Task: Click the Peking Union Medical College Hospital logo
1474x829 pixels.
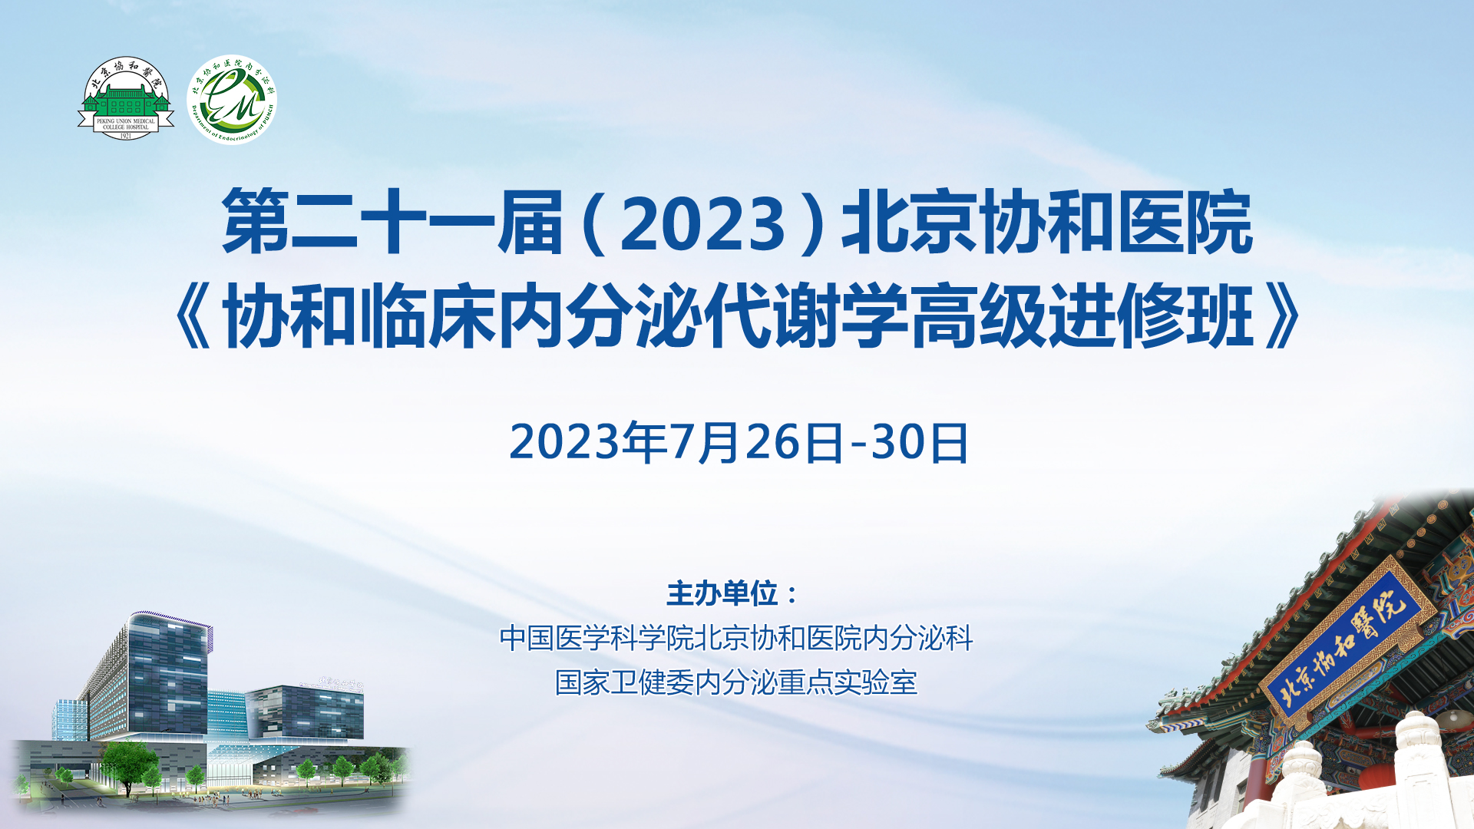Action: point(126,98)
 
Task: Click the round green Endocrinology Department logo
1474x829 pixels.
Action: point(232,99)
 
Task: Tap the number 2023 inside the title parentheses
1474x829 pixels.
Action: point(702,224)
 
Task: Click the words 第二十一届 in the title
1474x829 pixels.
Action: point(392,223)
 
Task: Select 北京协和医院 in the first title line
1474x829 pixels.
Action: point(1047,223)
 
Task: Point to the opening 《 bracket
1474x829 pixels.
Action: point(193,315)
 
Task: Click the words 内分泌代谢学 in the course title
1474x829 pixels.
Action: point(702,315)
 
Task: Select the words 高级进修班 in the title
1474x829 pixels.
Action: point(1082,315)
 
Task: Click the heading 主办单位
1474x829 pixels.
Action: point(722,593)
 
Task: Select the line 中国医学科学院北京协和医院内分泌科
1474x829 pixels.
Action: point(736,638)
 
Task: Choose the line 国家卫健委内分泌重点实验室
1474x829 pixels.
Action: point(736,682)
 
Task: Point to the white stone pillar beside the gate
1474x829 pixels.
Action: point(1420,771)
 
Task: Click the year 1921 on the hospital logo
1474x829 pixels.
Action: point(126,136)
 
